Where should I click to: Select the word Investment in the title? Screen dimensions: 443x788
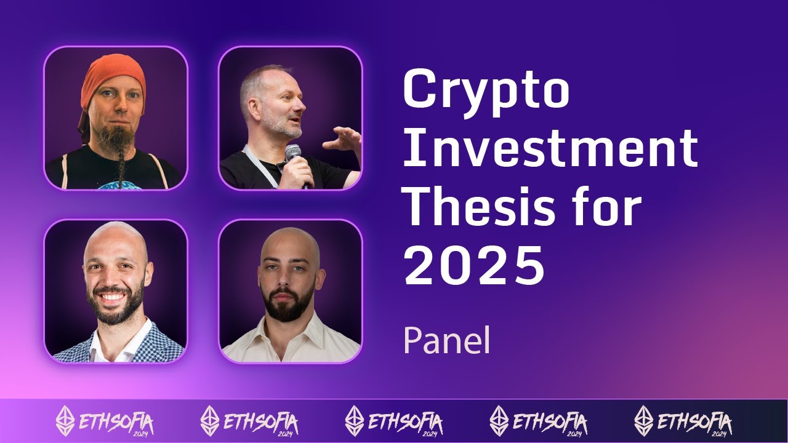[x=550, y=148]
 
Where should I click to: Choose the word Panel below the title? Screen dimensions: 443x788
[x=446, y=340]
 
